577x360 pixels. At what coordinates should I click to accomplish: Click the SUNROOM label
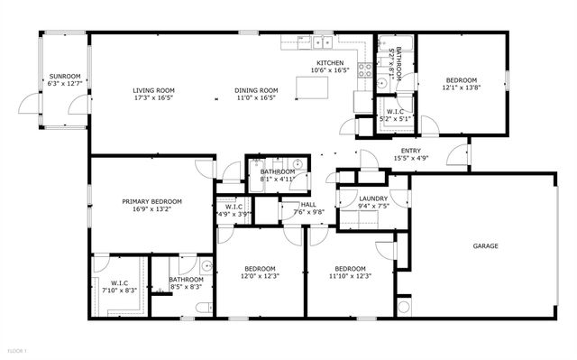point(64,76)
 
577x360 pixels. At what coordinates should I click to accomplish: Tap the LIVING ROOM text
point(153,90)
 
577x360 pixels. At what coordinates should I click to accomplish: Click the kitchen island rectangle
point(312,87)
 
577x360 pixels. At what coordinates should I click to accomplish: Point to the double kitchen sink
point(293,42)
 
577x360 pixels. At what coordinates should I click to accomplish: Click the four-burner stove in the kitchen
point(366,69)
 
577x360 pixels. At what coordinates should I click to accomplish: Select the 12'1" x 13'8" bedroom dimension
point(463,88)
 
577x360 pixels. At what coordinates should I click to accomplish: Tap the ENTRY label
point(410,151)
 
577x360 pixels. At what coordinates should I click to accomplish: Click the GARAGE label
point(487,245)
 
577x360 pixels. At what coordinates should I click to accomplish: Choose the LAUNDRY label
point(373,198)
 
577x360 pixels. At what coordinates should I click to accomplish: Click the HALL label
point(308,205)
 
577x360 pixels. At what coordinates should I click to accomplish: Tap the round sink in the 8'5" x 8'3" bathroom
point(206,267)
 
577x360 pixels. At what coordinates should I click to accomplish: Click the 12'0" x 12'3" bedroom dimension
point(260,276)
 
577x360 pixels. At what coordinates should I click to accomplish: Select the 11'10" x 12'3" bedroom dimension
point(350,276)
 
